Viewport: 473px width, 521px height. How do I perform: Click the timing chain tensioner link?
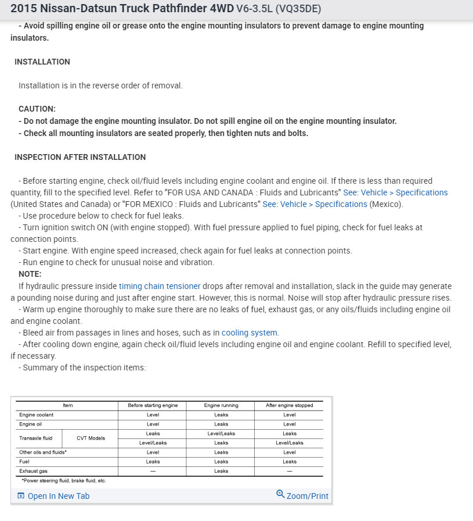160,286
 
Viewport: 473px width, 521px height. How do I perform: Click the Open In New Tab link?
58,496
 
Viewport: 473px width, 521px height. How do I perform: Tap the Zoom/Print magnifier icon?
280,495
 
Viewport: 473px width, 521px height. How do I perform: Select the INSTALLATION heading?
42,62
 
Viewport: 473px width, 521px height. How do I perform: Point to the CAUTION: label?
37,109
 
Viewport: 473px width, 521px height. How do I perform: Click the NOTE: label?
30,274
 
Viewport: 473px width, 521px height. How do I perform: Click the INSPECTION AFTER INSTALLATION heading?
80,157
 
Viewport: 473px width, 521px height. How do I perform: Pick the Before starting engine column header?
153,405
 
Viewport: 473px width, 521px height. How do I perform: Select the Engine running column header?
221,405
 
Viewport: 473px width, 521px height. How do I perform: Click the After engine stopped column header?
289,405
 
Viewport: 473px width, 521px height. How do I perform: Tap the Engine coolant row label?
36,415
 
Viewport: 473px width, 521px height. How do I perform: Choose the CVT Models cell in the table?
91,438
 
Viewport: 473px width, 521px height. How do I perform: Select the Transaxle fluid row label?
36,438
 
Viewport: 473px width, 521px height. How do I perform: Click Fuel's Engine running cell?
221,462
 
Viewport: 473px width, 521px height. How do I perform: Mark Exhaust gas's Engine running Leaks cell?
221,471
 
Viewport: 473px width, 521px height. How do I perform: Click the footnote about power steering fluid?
64,481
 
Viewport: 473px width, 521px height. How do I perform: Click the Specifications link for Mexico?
315,204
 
